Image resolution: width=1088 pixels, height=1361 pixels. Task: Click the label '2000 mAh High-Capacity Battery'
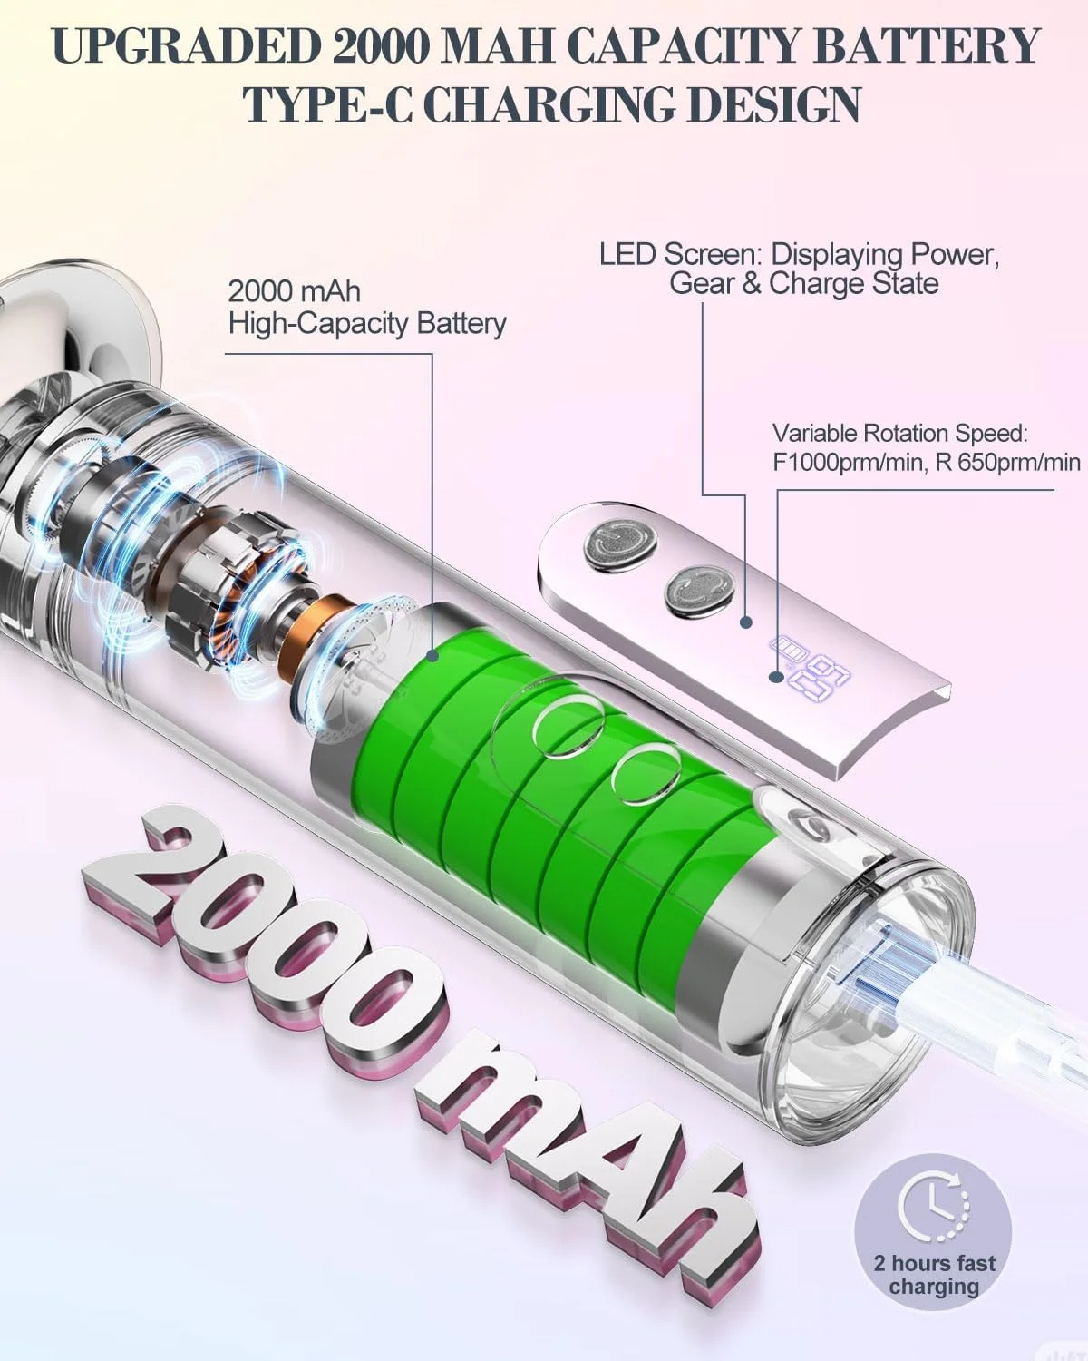coord(366,308)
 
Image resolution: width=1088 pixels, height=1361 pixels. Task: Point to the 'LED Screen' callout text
coord(800,269)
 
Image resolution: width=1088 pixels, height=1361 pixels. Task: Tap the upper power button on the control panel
coord(619,543)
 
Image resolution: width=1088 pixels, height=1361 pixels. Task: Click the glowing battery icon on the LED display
coord(785,651)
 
